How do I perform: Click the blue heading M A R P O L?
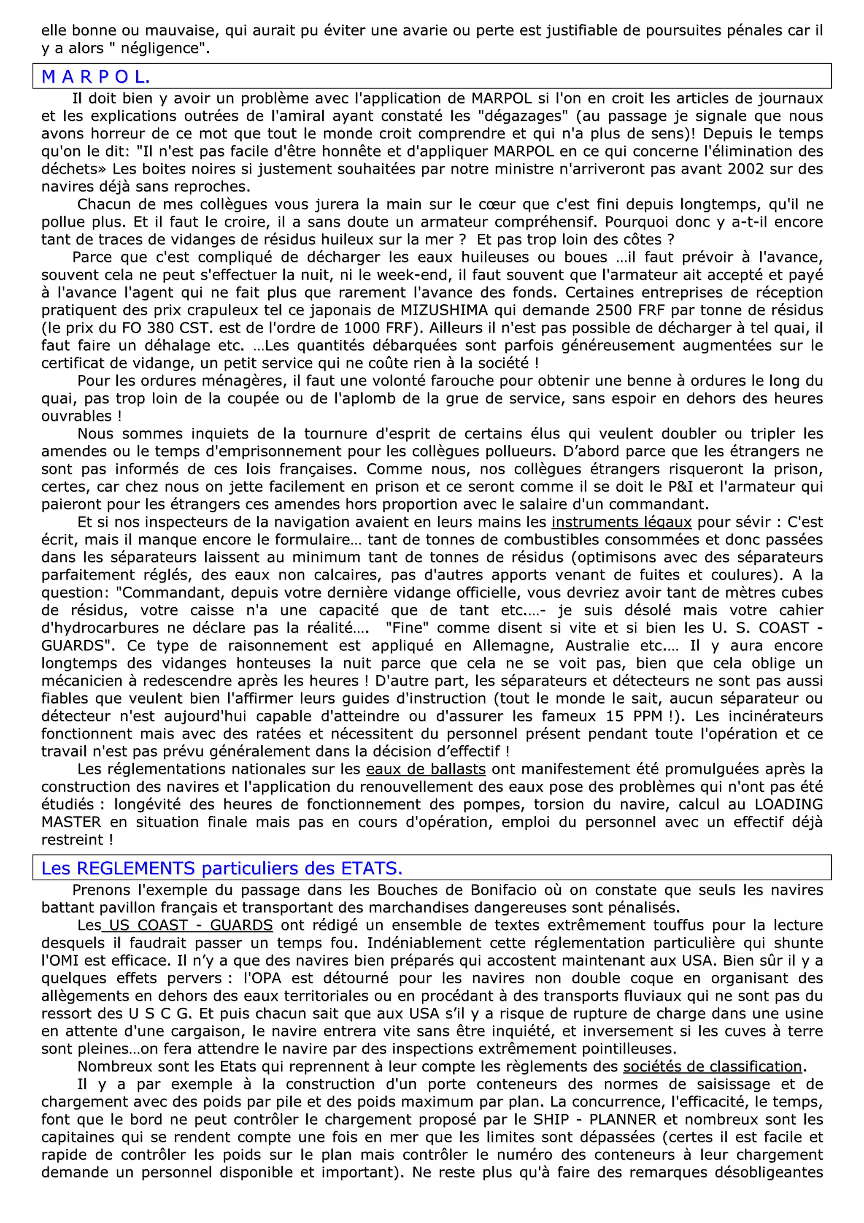[96, 77]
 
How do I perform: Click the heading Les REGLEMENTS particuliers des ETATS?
[222, 869]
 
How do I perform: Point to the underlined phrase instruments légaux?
[621, 522]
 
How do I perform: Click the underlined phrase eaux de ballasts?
[426, 769]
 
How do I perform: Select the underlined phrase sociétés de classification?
[712, 1066]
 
